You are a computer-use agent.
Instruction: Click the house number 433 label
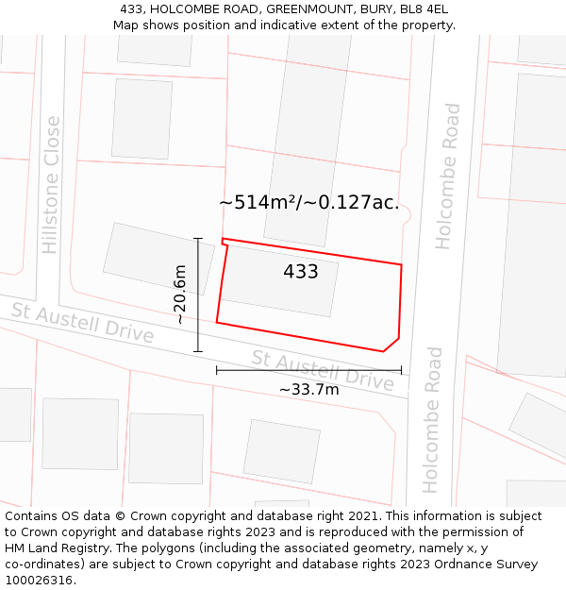click(x=301, y=272)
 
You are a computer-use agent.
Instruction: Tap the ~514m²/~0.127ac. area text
click(x=308, y=202)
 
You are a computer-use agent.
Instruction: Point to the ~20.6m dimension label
click(x=179, y=295)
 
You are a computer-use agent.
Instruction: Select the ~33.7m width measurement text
click(x=308, y=389)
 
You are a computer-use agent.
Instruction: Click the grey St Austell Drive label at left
click(x=82, y=323)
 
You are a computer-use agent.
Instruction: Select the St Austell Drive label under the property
click(x=323, y=370)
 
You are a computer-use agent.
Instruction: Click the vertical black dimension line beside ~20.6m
click(x=198, y=295)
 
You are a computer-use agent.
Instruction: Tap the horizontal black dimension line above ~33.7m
click(x=308, y=370)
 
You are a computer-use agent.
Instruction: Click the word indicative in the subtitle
click(x=282, y=25)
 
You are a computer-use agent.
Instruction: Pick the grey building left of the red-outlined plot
click(x=143, y=258)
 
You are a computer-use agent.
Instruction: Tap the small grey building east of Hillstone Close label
click(x=141, y=119)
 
